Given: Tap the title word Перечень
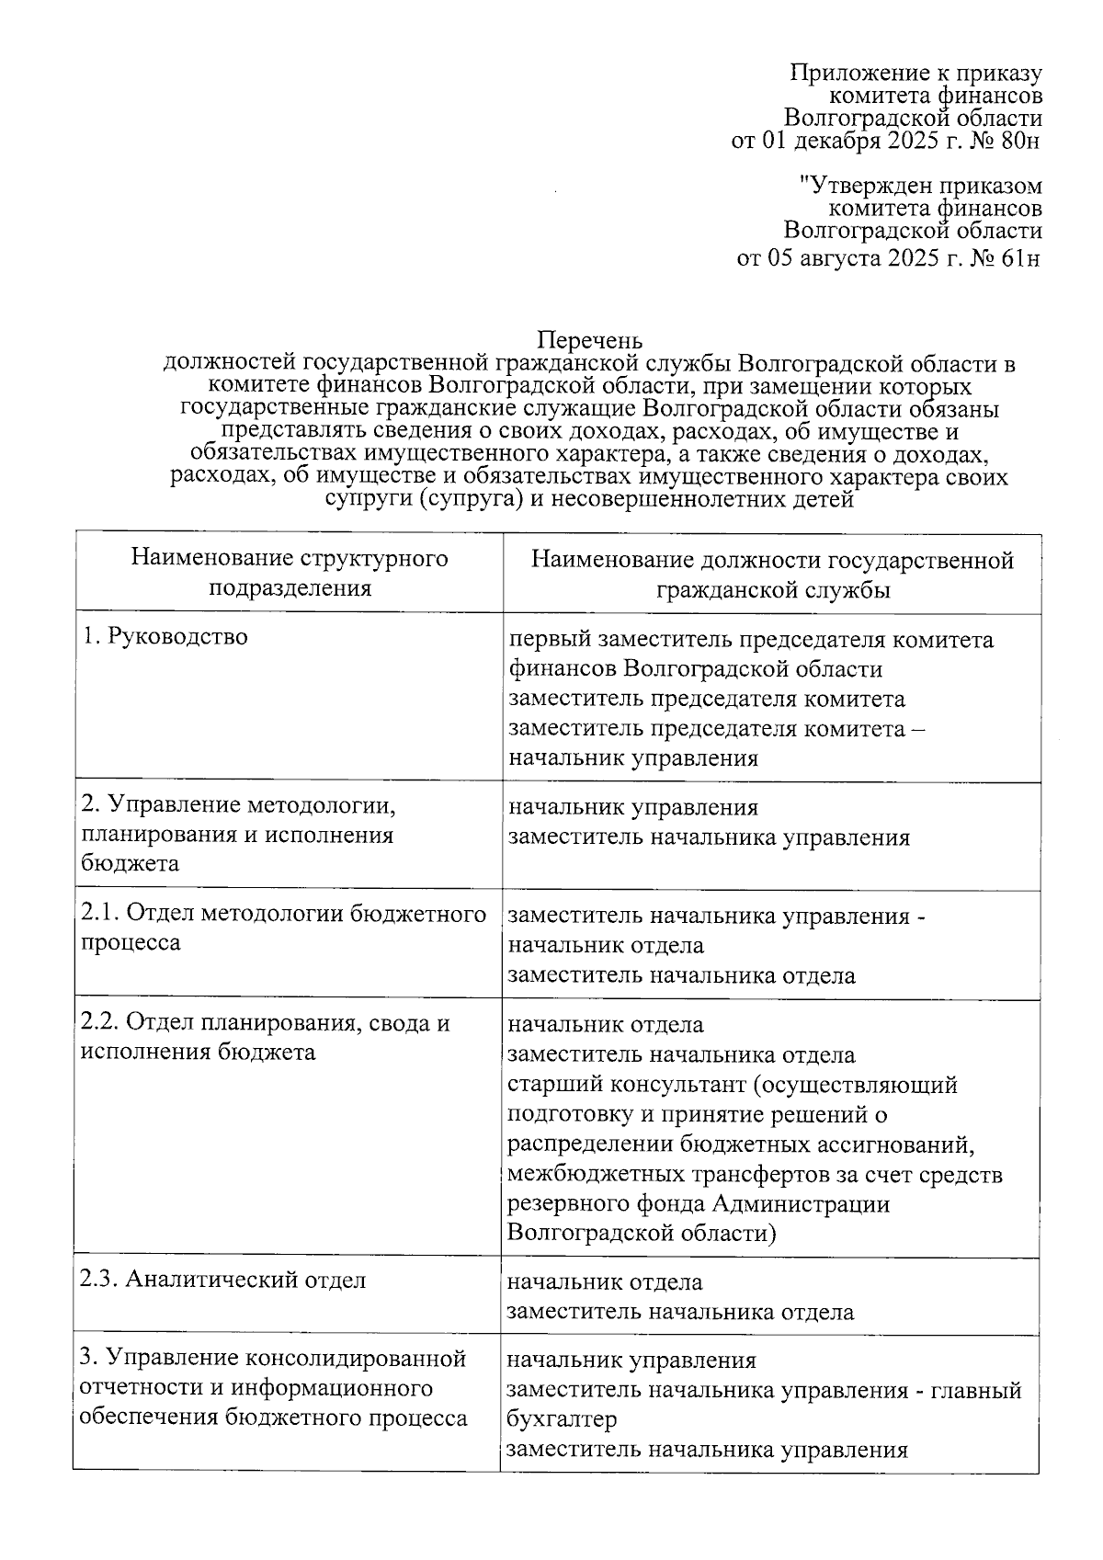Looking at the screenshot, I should (589, 340).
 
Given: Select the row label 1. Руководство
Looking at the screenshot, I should (165, 636).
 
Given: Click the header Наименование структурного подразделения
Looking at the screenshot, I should (289, 573).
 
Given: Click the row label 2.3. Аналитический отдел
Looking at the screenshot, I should (223, 1280).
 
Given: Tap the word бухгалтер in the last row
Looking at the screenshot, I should (562, 1418).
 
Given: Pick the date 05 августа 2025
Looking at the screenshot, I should (855, 258).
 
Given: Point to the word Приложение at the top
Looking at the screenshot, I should (855, 73).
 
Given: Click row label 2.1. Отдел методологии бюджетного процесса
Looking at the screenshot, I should (283, 928).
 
